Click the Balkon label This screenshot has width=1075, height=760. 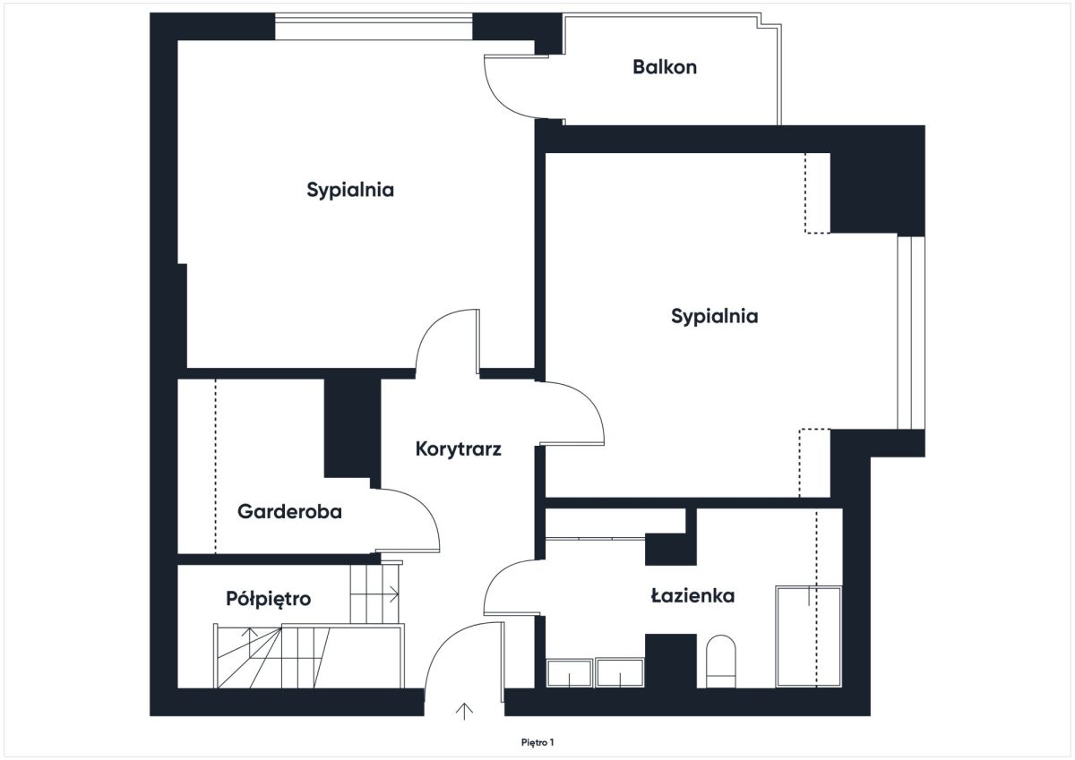[x=665, y=67]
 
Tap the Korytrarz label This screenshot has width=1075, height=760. [x=459, y=448]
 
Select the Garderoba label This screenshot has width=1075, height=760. [x=289, y=512]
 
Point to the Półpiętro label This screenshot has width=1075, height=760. [x=268, y=599]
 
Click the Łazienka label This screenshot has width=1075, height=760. [x=692, y=596]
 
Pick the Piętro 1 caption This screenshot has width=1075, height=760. [x=537, y=743]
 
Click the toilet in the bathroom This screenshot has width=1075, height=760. [x=721, y=662]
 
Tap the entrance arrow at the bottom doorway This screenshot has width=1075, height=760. [x=464, y=711]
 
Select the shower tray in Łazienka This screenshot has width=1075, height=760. [x=809, y=636]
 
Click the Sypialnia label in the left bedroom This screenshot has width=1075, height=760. [x=350, y=191]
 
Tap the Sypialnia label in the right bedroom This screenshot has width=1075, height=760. [x=715, y=317]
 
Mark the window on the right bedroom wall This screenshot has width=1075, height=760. [x=911, y=333]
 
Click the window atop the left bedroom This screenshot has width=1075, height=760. [x=374, y=27]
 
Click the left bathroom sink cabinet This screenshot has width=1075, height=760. [x=569, y=673]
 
